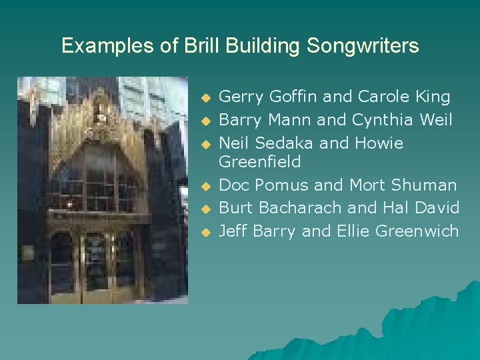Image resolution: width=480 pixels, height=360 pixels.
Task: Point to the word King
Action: click(432, 97)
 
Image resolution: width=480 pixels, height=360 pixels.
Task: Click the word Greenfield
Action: click(260, 162)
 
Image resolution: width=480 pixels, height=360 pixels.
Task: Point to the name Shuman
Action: click(424, 185)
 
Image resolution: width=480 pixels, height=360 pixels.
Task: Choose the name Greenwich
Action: click(417, 231)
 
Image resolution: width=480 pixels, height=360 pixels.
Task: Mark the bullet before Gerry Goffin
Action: click(206, 99)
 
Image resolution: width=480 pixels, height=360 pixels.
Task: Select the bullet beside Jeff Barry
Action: click(206, 233)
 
